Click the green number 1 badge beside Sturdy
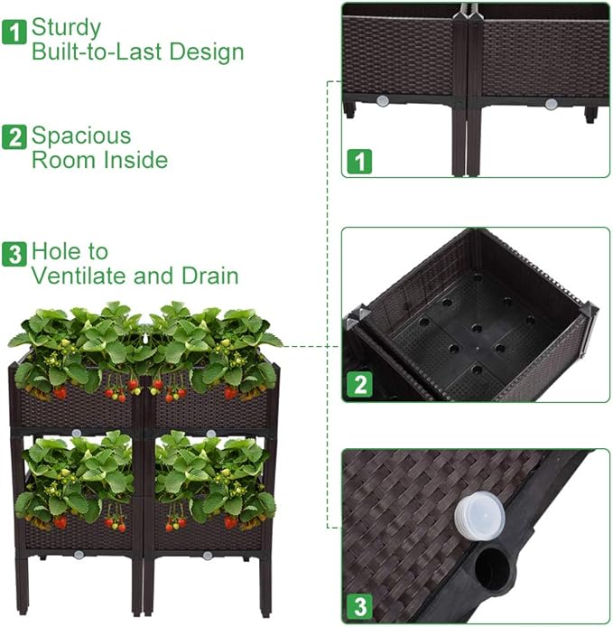(x=14, y=33)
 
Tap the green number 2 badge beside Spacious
(x=14, y=138)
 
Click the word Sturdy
(x=67, y=28)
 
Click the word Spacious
(x=81, y=136)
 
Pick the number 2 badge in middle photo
(x=359, y=386)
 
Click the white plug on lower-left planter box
(x=79, y=554)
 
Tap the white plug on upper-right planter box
(x=210, y=434)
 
